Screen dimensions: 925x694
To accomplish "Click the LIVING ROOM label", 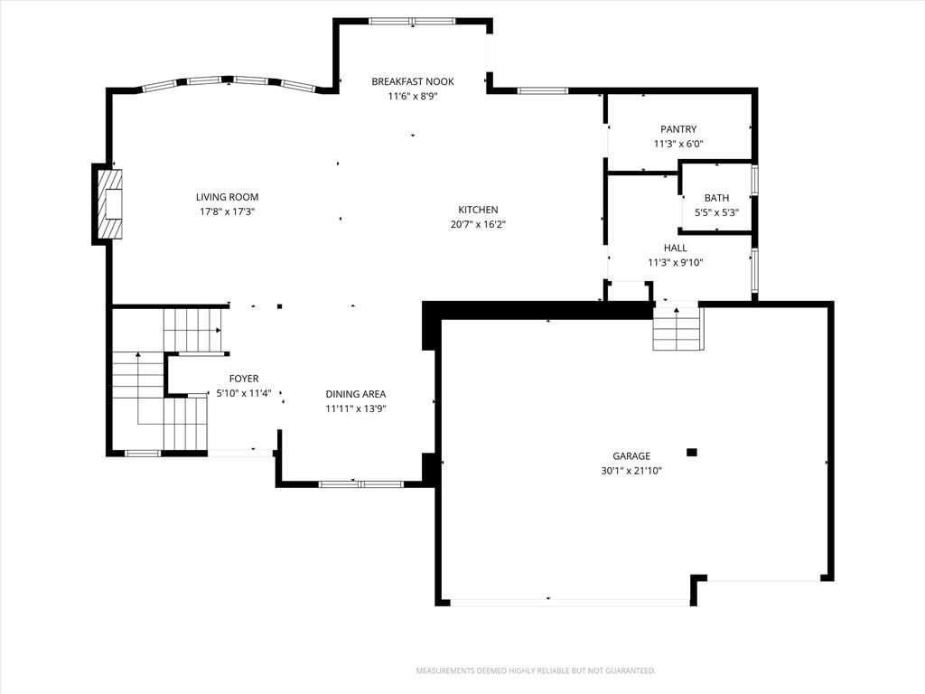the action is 227,197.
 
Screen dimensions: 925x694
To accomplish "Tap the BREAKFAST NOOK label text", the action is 412,81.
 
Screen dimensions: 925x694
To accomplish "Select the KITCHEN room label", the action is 478,210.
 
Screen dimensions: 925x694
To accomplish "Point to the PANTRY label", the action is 678,129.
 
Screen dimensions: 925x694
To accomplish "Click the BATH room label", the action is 716,198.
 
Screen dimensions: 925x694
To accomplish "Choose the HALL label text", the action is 675,248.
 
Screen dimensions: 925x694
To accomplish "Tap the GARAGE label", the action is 631,456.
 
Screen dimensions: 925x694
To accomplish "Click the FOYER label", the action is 244,379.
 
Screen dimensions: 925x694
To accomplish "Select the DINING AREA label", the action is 356,394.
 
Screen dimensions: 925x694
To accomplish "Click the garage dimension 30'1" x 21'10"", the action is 631,471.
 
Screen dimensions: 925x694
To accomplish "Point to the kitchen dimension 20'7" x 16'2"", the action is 478,224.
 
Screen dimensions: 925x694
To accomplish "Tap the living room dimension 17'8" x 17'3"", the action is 227,211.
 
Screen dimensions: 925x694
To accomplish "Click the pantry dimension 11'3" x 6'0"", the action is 678,144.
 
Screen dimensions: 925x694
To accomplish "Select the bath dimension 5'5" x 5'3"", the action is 716,212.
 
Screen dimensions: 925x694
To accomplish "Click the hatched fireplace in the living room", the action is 109,204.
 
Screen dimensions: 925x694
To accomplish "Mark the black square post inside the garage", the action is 692,453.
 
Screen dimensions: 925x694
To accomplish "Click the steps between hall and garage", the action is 677,329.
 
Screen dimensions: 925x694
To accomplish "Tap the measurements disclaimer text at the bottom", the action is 536,671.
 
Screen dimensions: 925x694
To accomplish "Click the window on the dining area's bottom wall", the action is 361,484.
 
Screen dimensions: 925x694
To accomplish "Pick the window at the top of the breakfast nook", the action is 412,22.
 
